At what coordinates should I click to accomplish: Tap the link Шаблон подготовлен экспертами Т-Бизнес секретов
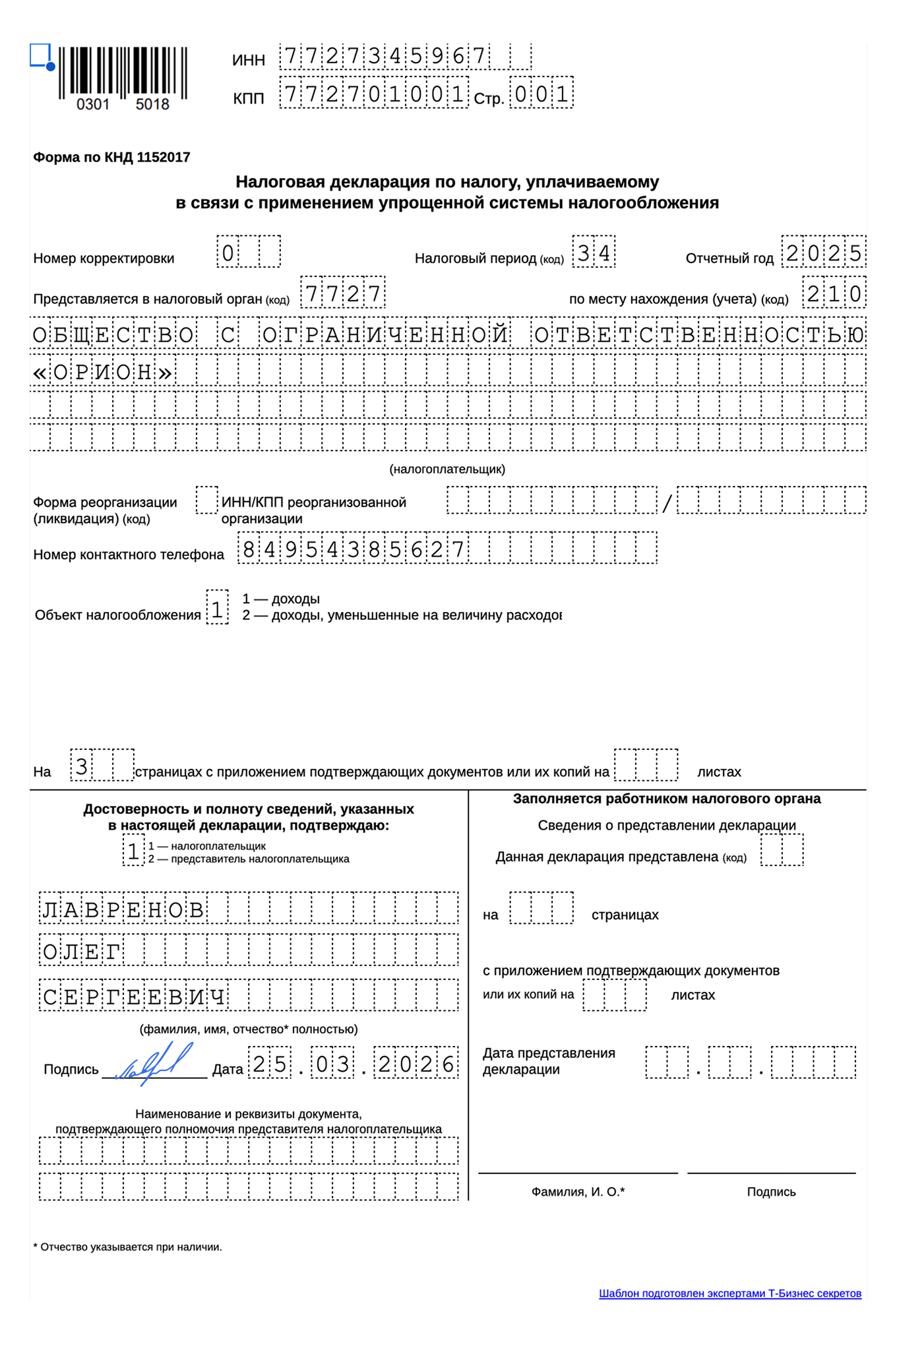coord(729,1293)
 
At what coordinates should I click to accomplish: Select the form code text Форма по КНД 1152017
coord(111,157)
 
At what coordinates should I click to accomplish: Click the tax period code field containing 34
coord(594,252)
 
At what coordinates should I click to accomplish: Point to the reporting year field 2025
coord(823,252)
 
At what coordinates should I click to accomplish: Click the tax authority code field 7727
coord(342,292)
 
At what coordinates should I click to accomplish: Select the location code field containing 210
coord(834,293)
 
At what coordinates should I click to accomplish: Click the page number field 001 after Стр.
coord(541,94)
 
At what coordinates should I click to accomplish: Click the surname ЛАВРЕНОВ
coord(123,909)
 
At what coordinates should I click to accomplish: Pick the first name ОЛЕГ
coord(82,951)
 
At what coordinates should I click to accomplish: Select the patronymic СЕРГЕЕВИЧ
coord(135,996)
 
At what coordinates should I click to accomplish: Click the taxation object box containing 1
coord(217,607)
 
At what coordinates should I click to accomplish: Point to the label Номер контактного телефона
coord(129,555)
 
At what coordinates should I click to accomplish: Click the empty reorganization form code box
coord(206,501)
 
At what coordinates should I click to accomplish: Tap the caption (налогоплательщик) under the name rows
coord(447,469)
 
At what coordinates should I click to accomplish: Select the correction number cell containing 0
coord(228,252)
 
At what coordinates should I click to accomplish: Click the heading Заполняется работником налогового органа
coord(666,799)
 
